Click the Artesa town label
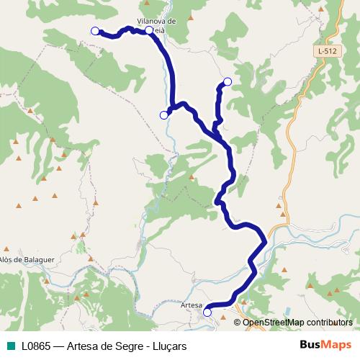[x=192, y=306]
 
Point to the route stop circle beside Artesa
[x=207, y=312]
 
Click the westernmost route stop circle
[x=94, y=30]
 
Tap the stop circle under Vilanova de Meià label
[x=149, y=31]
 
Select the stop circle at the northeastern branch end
[x=228, y=82]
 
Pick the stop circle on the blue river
[x=163, y=114]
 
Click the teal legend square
[x=12, y=346]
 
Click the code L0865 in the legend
[x=35, y=346]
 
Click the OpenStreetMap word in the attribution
[x=274, y=322]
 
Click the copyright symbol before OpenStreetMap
[x=238, y=322]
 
